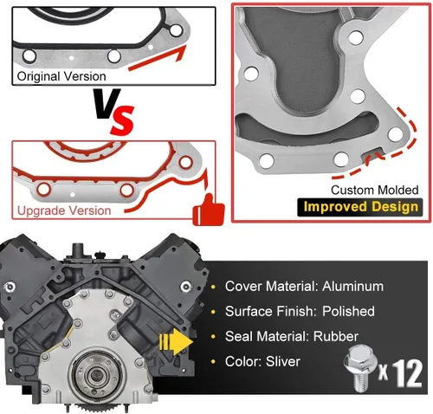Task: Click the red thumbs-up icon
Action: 209,210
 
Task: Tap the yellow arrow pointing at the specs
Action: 176,341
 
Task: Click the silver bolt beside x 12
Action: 360,368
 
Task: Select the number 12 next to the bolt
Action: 407,373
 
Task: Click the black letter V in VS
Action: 107,104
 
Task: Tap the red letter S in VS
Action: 123,120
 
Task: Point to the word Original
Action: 38,76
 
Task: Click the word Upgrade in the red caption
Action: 38,210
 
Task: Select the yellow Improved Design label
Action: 361,207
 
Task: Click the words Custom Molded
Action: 374,190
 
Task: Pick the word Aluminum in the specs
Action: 352,287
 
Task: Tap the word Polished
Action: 348,311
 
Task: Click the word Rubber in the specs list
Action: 336,336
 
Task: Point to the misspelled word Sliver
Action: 283,361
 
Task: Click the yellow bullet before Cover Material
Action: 213,287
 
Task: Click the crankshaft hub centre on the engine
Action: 95,375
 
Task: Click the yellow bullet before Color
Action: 213,362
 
